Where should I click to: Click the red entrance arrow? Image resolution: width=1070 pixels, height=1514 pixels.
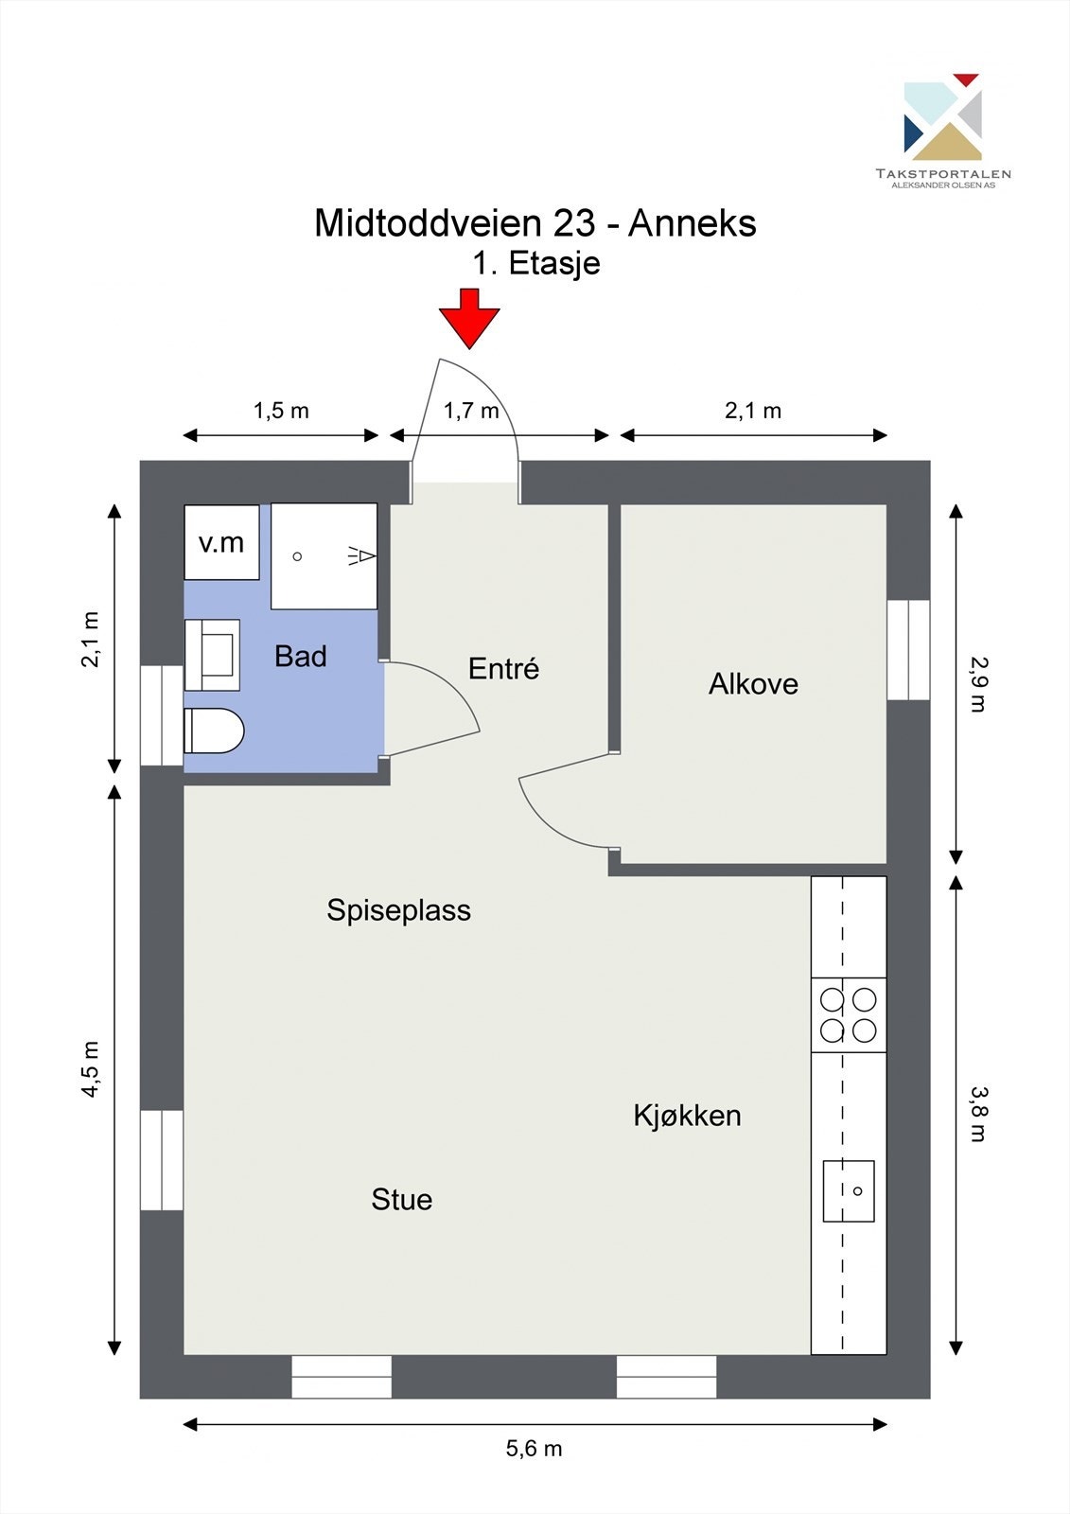(469, 318)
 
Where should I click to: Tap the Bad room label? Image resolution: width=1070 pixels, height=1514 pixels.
(301, 657)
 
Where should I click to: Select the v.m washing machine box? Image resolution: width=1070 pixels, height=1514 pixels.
(221, 542)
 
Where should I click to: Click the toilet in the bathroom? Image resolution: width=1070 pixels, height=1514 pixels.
(214, 731)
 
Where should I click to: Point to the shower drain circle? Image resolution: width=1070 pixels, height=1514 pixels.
(297, 556)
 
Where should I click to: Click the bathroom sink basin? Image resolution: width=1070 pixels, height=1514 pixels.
(212, 654)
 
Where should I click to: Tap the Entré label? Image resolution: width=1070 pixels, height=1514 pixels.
(503, 668)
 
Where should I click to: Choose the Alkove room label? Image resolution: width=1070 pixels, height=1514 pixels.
(753, 684)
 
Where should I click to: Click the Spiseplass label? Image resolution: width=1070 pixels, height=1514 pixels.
(399, 910)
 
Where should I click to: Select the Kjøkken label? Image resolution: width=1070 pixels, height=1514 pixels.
(687, 1116)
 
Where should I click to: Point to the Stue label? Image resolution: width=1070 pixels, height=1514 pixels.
(401, 1200)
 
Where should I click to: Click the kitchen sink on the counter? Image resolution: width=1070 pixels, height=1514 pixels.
(849, 1191)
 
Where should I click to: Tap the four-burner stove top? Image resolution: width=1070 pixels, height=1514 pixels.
(849, 1015)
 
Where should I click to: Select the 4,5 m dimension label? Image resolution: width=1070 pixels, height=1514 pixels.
(91, 1079)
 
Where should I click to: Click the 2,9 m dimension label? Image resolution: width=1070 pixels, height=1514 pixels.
(978, 684)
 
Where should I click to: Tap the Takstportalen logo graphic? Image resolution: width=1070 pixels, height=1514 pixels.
(942, 116)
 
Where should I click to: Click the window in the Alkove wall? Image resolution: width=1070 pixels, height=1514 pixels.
(908, 649)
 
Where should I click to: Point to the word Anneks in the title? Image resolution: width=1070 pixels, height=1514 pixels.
(693, 222)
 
